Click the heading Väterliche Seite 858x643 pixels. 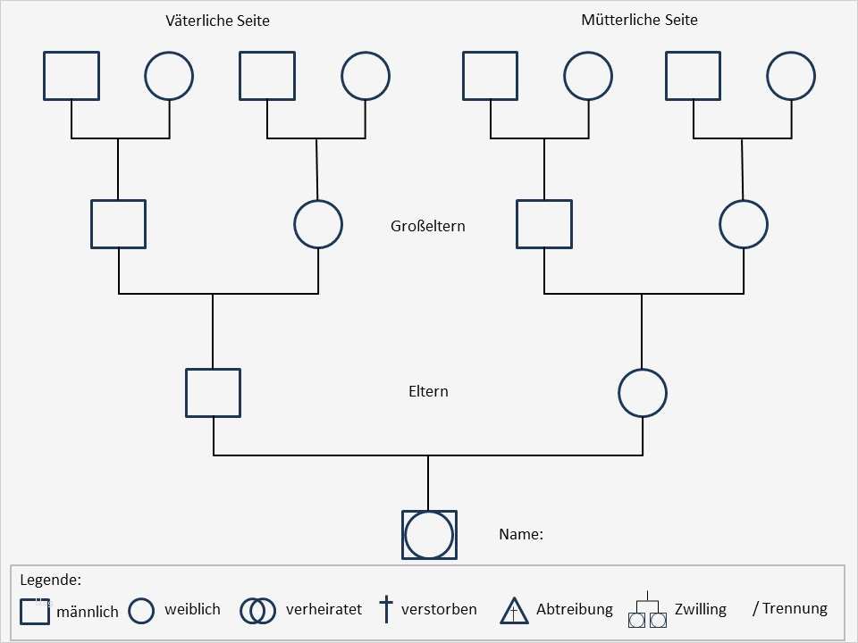click(x=217, y=21)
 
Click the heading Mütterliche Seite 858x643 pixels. click(x=639, y=20)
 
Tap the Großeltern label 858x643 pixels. click(x=428, y=226)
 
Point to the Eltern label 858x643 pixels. click(x=428, y=391)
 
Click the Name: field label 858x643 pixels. click(x=521, y=535)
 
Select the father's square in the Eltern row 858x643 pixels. click(x=213, y=392)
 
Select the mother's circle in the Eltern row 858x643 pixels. click(x=643, y=392)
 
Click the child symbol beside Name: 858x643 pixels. click(x=430, y=535)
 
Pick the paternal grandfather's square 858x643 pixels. click(x=118, y=223)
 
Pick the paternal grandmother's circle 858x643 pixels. click(x=318, y=223)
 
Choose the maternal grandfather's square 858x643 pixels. click(x=544, y=223)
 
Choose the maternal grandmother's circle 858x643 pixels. click(x=744, y=223)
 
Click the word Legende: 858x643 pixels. click(x=50, y=580)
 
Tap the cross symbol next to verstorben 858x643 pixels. click(x=386, y=610)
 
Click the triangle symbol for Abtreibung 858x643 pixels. click(x=515, y=611)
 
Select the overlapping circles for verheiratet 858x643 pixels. click(x=258, y=610)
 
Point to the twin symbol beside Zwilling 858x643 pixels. click(x=649, y=613)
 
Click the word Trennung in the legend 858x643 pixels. click(x=795, y=609)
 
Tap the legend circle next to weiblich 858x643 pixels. click(x=142, y=611)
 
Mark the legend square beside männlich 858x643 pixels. click(x=35, y=612)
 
